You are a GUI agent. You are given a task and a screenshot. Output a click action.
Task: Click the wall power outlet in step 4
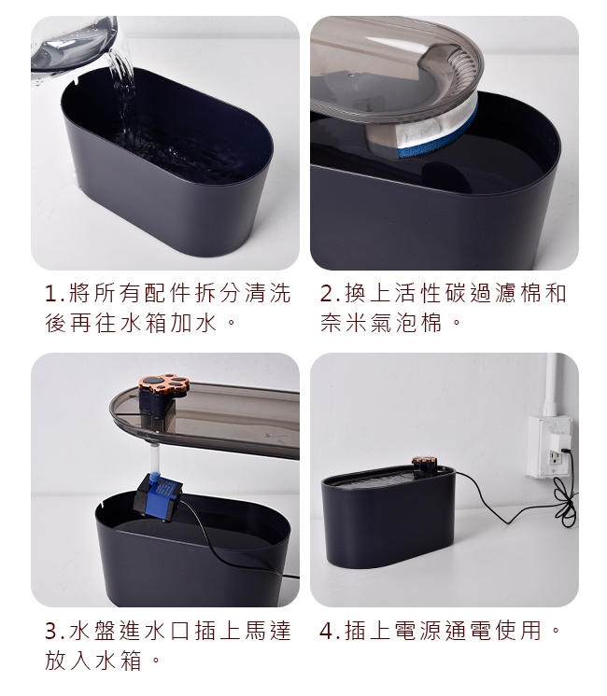(550, 446)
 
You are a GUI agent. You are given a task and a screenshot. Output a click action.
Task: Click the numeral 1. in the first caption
(55, 294)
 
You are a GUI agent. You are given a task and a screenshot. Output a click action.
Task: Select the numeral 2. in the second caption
(331, 294)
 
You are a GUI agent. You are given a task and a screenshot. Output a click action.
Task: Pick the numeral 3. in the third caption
(55, 631)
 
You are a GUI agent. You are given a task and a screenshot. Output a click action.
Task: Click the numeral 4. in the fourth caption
(331, 631)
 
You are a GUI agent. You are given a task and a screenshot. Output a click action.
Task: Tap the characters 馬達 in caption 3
(267, 631)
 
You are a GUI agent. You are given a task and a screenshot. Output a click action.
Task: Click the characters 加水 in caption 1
(193, 323)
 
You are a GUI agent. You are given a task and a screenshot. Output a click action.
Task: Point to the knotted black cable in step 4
(565, 503)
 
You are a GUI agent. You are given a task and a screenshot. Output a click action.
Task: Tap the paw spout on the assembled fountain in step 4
(425, 464)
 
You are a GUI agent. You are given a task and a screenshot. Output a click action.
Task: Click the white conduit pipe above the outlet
(551, 384)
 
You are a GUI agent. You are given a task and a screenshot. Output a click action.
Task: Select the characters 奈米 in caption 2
(345, 323)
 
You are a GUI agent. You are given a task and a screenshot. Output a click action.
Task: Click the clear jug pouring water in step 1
(74, 49)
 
